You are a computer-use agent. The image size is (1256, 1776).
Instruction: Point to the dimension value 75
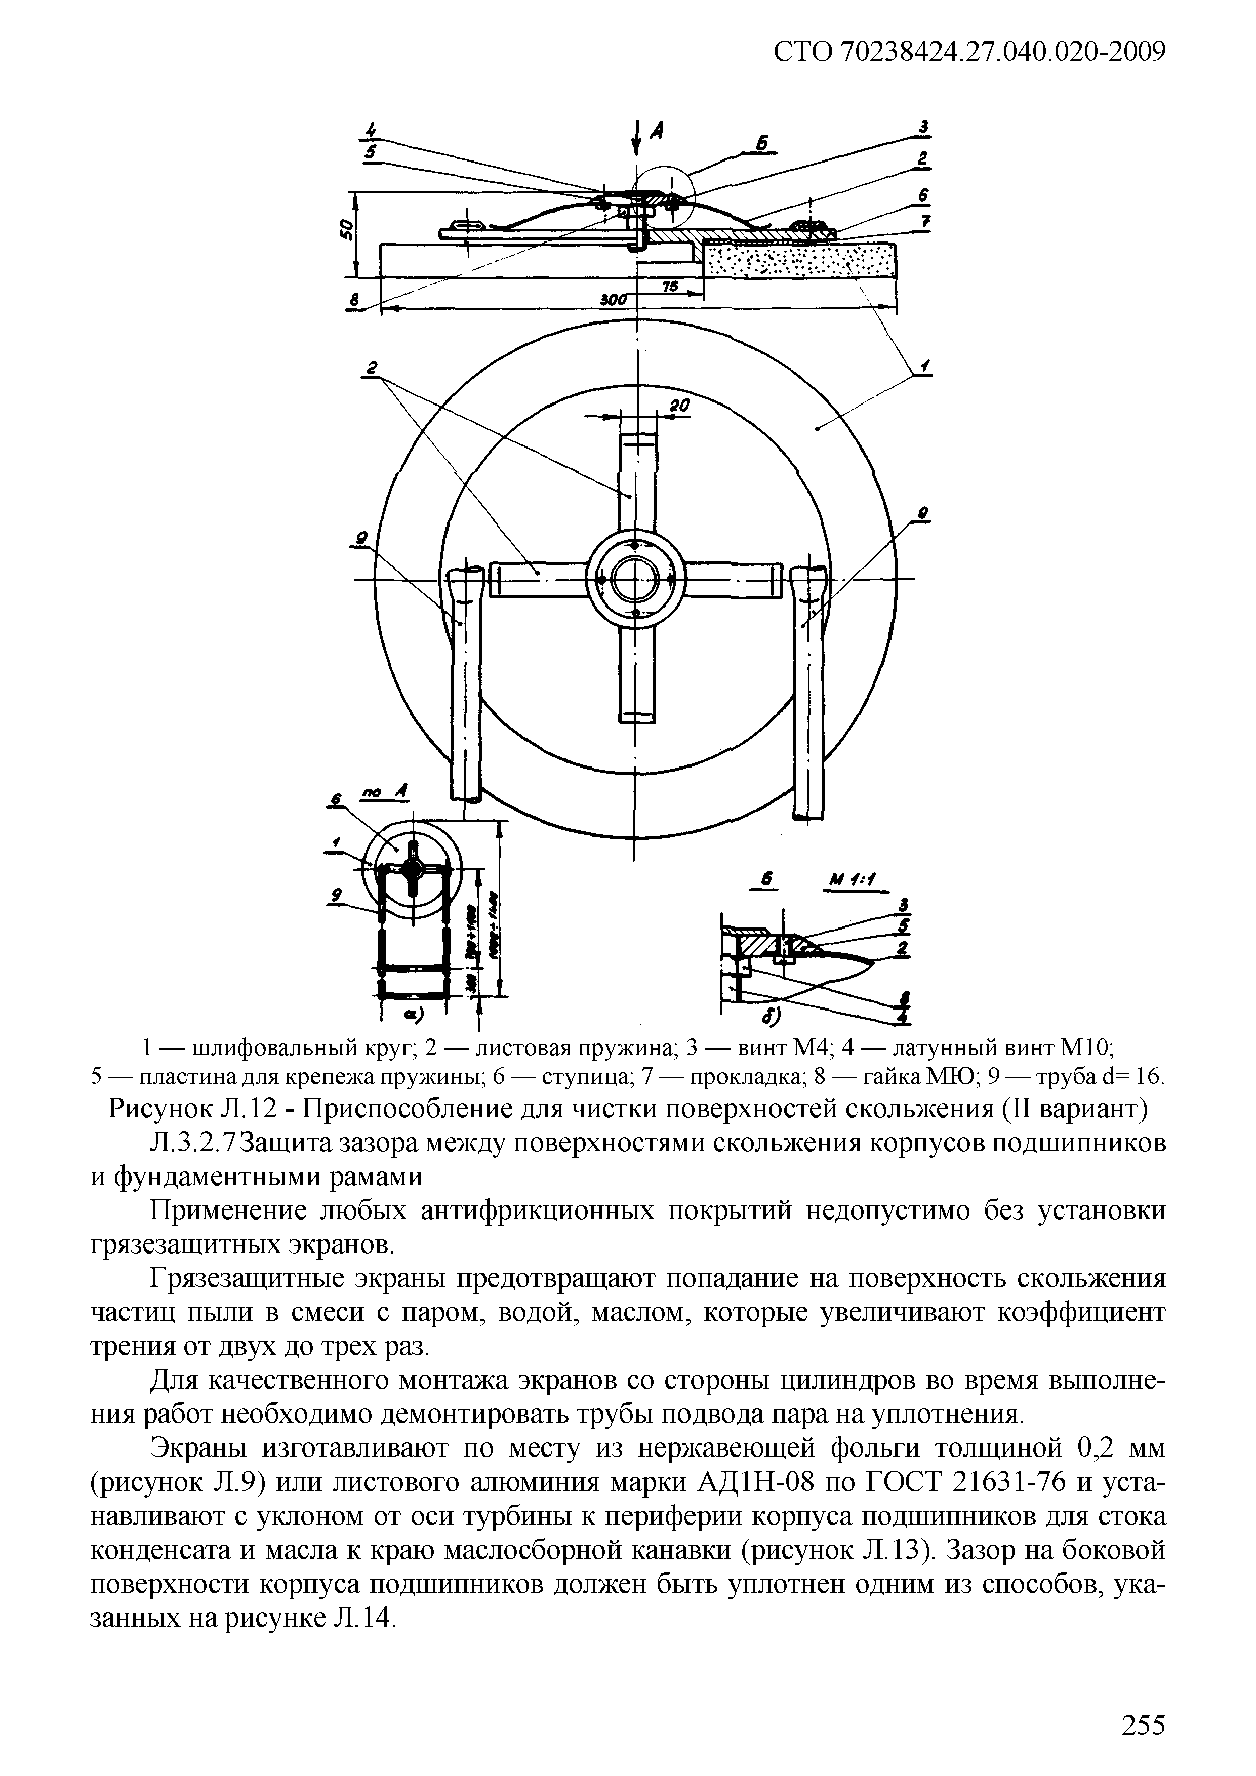(x=670, y=286)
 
